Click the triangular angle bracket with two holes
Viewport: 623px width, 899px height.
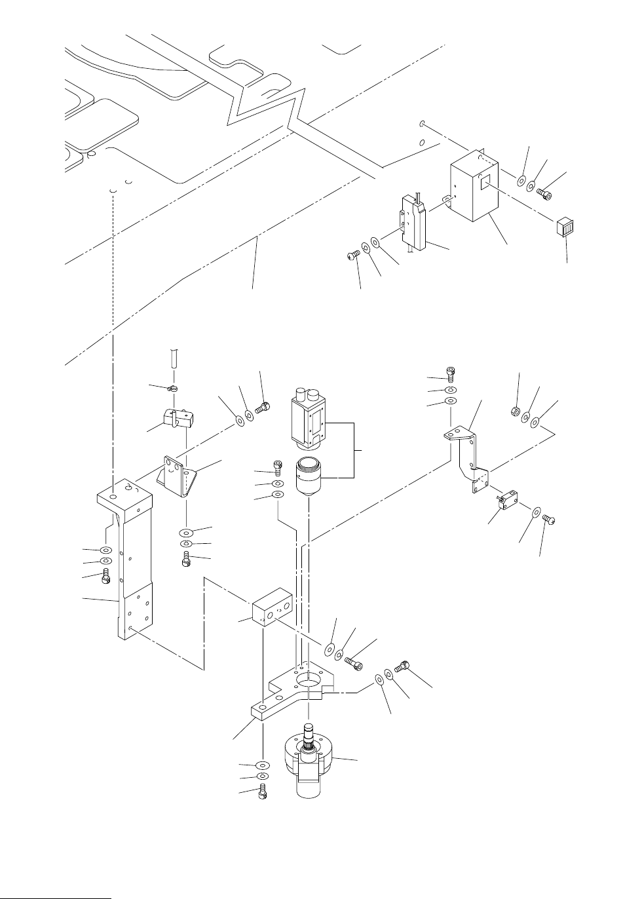(181, 478)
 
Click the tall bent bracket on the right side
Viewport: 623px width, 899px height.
(469, 459)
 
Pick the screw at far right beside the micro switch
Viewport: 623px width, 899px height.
(550, 520)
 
